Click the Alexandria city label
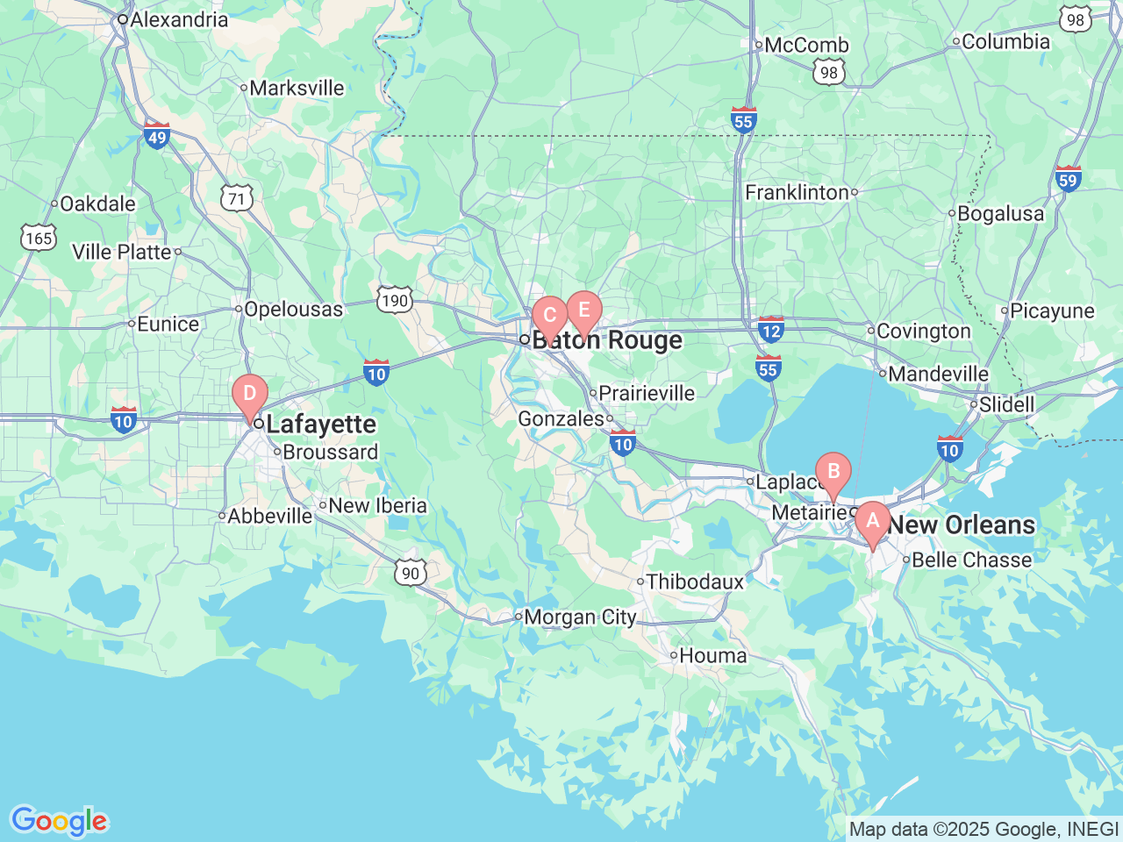(179, 19)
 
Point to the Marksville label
(297, 88)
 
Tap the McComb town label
(806, 45)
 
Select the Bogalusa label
(1000, 213)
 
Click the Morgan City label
(580, 617)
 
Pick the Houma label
(712, 655)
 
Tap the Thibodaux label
(695, 582)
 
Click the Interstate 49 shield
(157, 136)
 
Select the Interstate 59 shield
(1068, 179)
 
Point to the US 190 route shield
(395, 301)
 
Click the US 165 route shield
(39, 238)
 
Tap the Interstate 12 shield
(770, 330)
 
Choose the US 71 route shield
(237, 199)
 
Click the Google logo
(59, 822)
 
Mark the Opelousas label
(293, 309)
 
